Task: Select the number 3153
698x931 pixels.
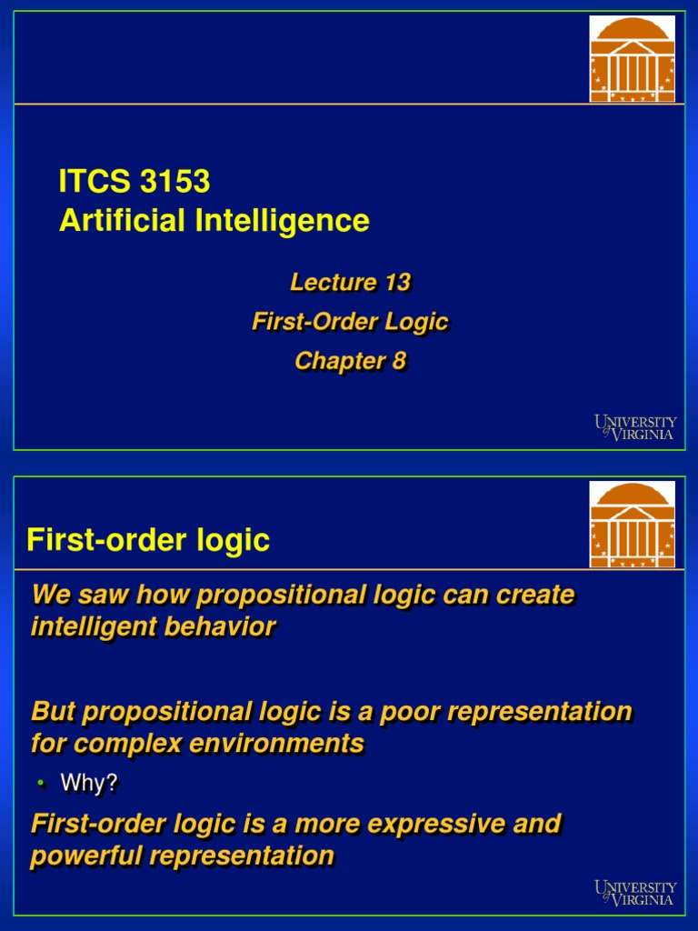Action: coord(174,182)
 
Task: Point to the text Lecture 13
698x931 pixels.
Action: coord(350,283)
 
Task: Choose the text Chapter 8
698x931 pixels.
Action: coord(350,361)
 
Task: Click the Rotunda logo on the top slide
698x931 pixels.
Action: coord(633,58)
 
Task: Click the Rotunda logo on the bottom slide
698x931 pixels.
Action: coord(633,525)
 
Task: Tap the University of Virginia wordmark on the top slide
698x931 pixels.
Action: coord(636,427)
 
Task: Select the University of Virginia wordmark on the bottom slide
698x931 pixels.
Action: coord(636,893)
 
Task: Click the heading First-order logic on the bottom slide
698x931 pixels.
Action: coord(148,540)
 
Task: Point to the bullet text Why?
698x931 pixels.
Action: coord(89,784)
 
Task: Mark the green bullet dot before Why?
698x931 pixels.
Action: coord(40,783)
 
